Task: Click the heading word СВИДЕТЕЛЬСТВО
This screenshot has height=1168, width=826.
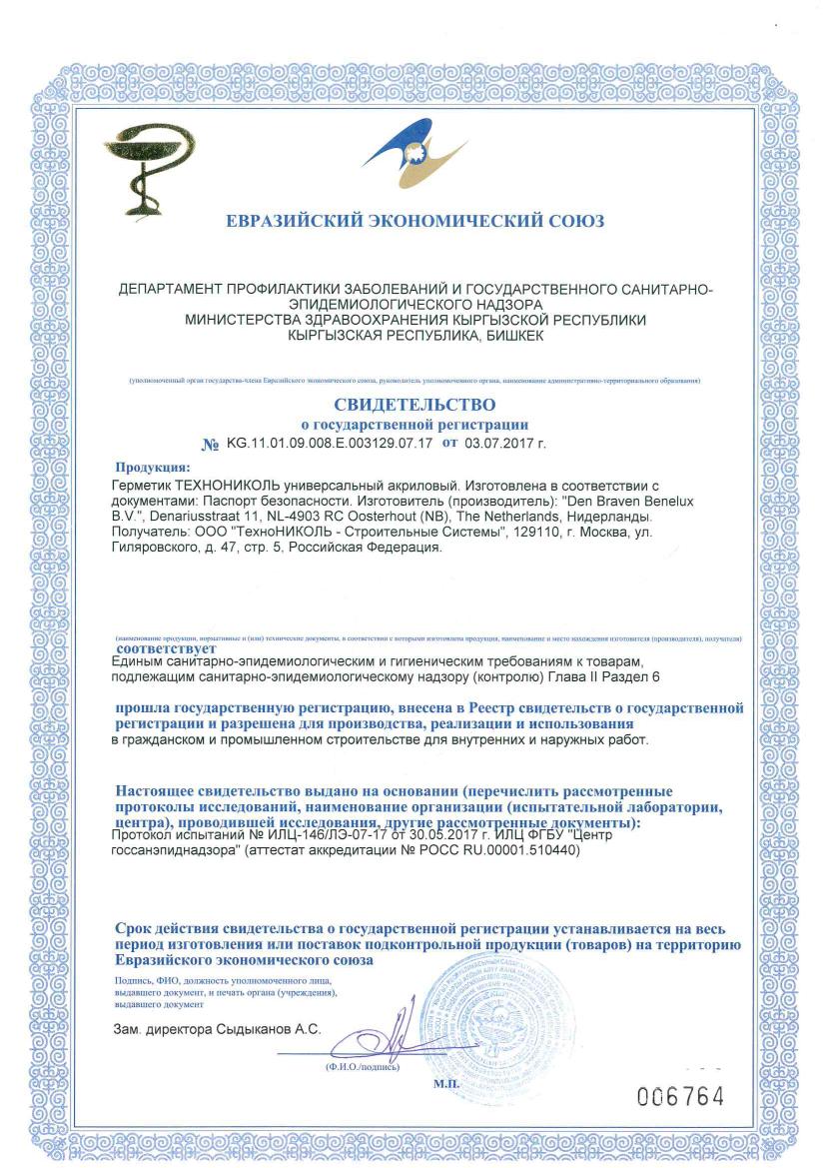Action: coord(414,405)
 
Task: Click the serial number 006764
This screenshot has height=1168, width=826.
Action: coord(680,1096)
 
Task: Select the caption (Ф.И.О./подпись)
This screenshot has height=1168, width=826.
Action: coord(362,1066)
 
